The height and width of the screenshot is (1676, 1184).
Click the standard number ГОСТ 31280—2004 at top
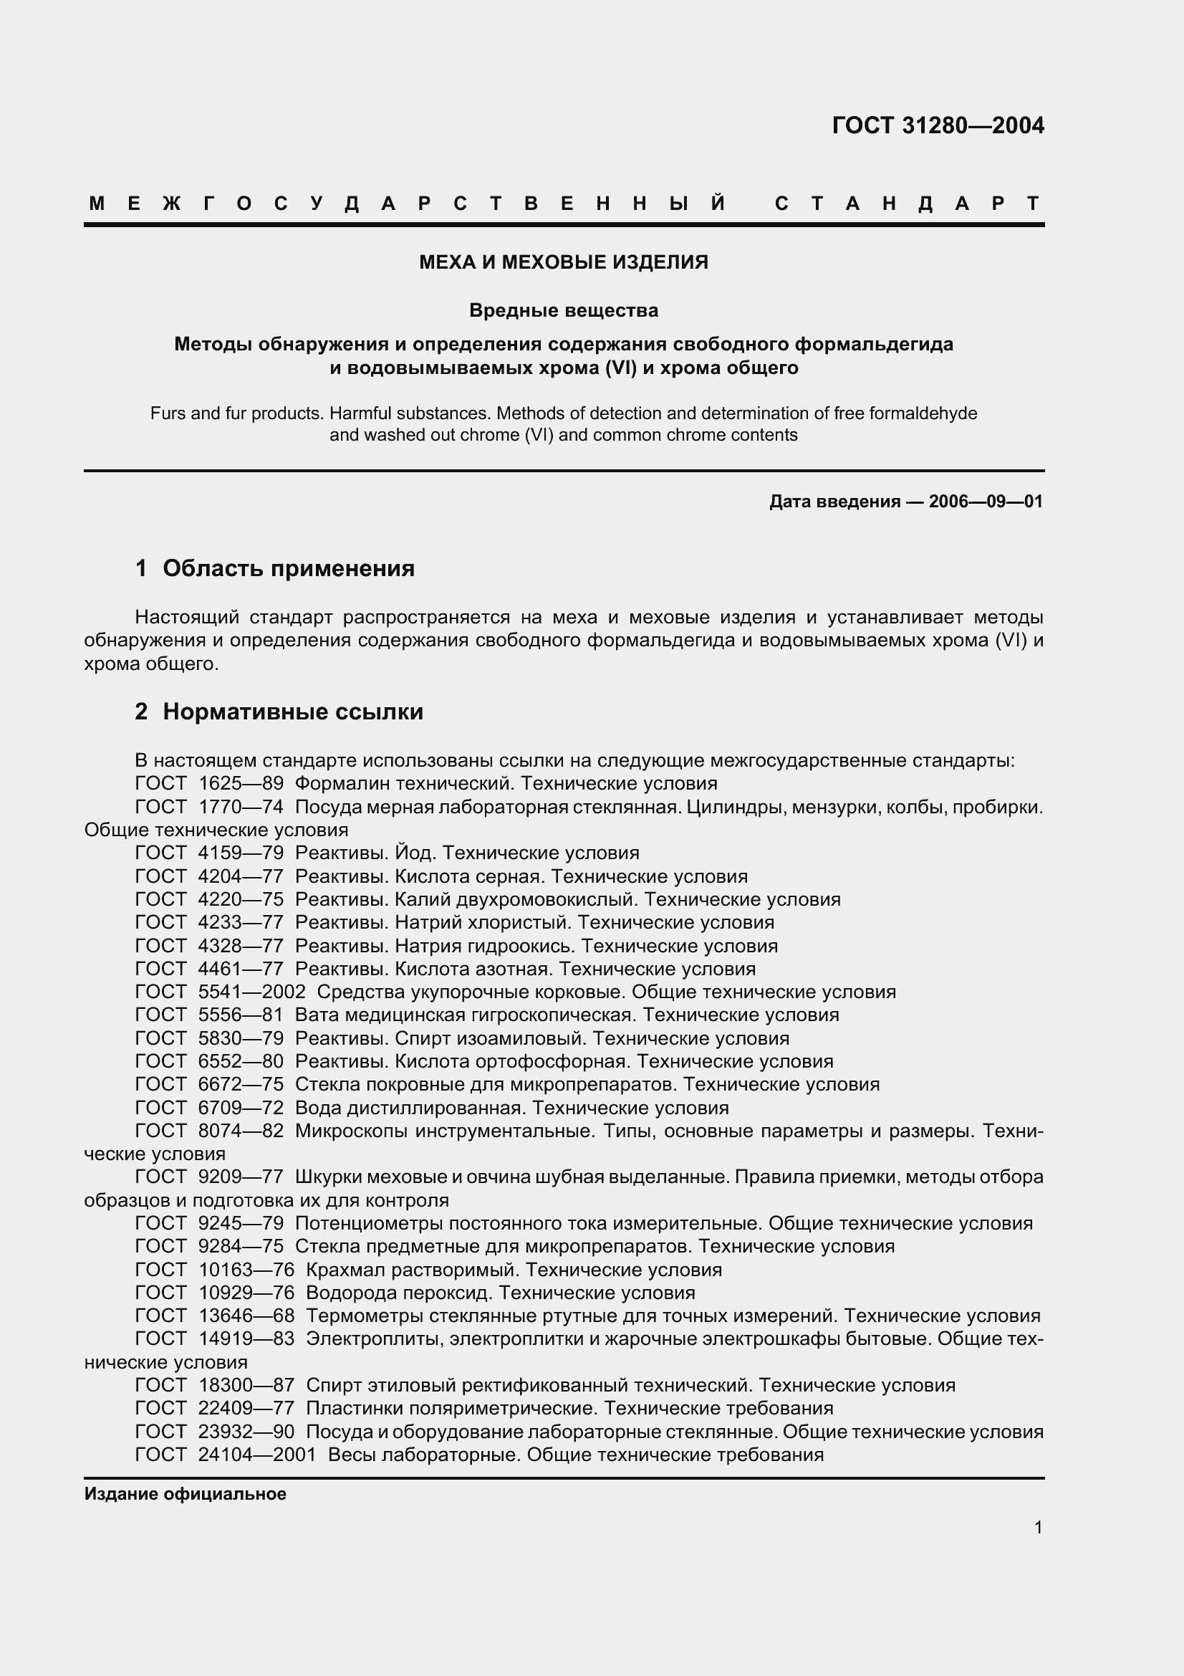tap(938, 126)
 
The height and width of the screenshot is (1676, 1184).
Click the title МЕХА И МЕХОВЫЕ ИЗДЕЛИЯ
tap(563, 262)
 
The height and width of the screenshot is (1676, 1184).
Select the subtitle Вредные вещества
tap(563, 310)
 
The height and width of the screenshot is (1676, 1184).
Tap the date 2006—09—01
tap(986, 502)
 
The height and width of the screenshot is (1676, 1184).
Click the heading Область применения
tap(288, 568)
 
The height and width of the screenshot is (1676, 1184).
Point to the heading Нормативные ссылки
tap(292, 711)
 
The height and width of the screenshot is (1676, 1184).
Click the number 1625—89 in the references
tap(241, 784)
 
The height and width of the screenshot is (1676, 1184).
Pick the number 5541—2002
tap(251, 992)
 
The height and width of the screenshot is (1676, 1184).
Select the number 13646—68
tap(246, 1316)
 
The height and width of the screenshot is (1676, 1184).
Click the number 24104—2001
tap(257, 1455)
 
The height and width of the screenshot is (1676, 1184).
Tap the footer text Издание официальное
tap(186, 1494)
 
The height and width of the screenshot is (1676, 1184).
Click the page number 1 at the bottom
tap(1038, 1527)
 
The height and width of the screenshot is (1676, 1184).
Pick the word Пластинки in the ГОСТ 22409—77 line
tap(343, 1408)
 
